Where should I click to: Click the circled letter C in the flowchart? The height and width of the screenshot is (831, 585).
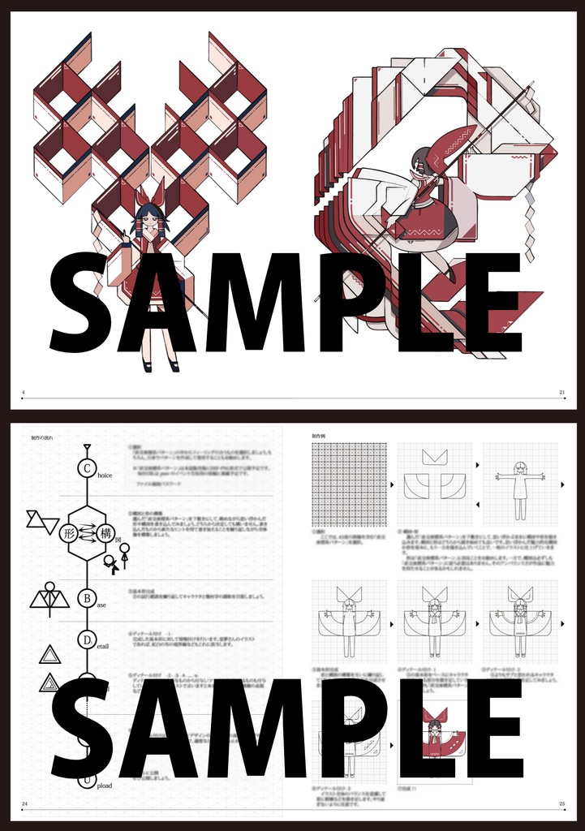[x=87, y=468]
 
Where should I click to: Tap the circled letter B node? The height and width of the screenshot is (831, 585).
[x=87, y=599]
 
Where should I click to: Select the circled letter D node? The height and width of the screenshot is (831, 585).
[x=87, y=640]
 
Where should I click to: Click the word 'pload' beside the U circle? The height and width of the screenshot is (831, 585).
[x=105, y=786]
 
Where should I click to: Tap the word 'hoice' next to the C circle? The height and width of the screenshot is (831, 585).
[x=105, y=475]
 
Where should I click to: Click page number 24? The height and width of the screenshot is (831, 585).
[x=24, y=804]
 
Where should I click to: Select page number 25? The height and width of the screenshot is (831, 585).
[x=561, y=804]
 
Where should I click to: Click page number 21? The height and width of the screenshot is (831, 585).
[x=561, y=393]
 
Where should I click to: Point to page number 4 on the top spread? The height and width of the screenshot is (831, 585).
[x=24, y=393]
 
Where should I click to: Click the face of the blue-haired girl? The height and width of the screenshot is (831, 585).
[x=150, y=219]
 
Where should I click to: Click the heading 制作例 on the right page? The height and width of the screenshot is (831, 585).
[x=322, y=436]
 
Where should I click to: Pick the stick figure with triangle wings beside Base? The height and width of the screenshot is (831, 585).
[x=49, y=596]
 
